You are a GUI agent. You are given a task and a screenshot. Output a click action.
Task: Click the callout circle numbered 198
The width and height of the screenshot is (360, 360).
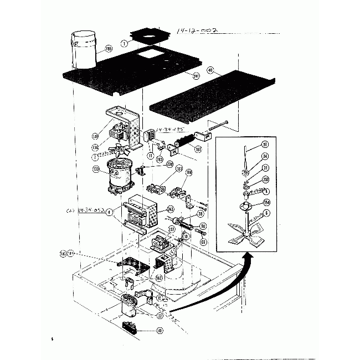click(x=108, y=49)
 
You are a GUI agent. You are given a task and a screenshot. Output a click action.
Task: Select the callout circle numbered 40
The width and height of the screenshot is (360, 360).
click(x=210, y=70)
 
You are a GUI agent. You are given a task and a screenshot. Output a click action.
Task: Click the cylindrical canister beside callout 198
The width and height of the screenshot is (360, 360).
click(x=83, y=50)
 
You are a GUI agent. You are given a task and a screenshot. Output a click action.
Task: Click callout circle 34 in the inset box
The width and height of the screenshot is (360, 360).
click(x=265, y=157)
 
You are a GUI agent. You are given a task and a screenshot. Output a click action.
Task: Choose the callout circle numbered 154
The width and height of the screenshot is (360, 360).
click(x=267, y=203)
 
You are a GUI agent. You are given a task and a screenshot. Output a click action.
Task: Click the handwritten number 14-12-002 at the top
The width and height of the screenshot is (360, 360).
click(x=193, y=34)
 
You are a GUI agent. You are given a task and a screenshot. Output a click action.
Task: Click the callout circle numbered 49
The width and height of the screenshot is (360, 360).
click(x=160, y=331)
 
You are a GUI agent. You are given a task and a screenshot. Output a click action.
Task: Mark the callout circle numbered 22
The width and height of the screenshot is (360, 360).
click(x=160, y=316)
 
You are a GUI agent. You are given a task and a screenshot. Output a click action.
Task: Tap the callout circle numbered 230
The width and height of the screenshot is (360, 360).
click(x=170, y=164)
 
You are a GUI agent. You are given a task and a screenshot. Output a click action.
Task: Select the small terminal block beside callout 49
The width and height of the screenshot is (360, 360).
click(x=130, y=324)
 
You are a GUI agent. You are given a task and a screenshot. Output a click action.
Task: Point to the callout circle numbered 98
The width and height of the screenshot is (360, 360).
click(x=203, y=226)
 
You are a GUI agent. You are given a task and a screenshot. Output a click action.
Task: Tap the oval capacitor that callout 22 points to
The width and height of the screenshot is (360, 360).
click(x=130, y=305)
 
